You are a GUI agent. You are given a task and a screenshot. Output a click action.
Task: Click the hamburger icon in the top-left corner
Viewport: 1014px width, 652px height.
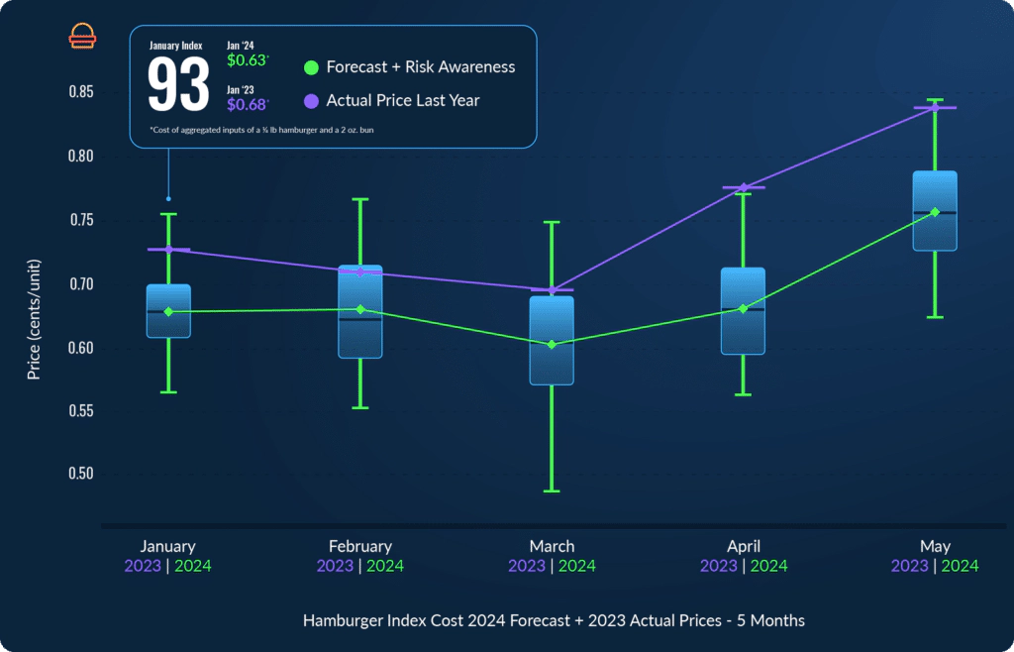[82, 36]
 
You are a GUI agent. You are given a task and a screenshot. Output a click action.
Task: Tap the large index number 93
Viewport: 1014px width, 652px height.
[178, 84]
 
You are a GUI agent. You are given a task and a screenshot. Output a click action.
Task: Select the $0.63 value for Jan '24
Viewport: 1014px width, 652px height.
[247, 60]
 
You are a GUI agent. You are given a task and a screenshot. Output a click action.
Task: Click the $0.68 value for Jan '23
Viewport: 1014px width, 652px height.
[247, 103]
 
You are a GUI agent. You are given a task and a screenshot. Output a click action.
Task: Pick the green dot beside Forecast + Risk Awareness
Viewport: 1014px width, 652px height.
[311, 67]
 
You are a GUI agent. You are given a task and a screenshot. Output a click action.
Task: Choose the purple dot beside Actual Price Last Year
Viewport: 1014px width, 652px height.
[311, 100]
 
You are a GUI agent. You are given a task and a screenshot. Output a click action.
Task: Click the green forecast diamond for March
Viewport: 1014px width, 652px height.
[552, 345]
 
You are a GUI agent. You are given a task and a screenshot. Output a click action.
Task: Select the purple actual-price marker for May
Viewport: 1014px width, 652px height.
[935, 108]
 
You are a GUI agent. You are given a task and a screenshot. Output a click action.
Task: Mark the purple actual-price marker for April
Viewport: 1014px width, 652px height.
[744, 187]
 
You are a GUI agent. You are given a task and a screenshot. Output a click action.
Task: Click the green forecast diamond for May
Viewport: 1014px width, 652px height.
[935, 212]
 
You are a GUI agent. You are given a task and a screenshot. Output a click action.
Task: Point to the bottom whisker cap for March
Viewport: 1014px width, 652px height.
[552, 491]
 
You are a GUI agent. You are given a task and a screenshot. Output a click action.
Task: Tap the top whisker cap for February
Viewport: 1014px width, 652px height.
[360, 199]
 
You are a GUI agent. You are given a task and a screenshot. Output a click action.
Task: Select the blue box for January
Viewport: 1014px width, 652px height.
[168, 311]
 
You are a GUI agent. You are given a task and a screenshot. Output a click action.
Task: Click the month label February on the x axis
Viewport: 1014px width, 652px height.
[360, 546]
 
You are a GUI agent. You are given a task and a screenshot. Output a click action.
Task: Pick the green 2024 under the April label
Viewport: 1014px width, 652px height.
[768, 566]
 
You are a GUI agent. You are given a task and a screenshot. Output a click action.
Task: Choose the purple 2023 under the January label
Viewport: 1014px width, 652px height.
[143, 566]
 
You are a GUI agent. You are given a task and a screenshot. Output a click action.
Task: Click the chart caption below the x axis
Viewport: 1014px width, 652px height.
[554, 620]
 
